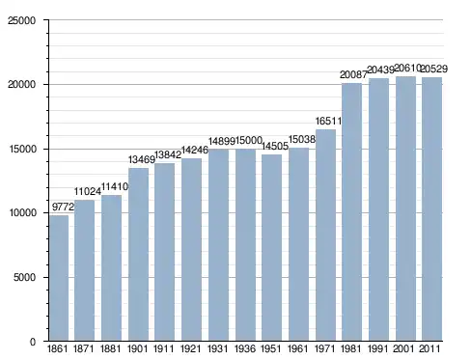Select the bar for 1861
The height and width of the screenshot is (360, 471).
coord(59,278)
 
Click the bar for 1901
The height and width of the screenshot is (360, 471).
coord(138,255)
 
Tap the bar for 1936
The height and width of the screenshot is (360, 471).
coord(245,245)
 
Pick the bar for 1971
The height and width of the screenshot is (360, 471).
coord(325,235)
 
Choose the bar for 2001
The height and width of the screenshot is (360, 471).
coord(405,208)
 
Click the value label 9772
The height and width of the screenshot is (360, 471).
coord(63,207)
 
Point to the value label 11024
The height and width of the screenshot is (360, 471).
coord(88,192)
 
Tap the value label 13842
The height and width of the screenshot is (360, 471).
coord(168,155)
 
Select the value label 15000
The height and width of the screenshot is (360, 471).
coord(249,141)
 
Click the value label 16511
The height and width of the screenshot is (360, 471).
coord(328,121)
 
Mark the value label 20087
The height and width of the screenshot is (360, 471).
coord(353,75)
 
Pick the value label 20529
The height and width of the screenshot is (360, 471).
coord(434,69)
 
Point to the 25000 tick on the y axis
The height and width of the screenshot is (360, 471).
coord(21,20)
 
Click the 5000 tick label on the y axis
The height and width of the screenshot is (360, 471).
coord(24,277)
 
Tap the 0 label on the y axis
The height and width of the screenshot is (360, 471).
coord(33,342)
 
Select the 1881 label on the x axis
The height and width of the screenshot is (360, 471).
coord(110,348)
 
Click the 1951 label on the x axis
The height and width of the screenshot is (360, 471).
coord(271,348)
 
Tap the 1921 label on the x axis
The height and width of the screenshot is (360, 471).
coord(191,348)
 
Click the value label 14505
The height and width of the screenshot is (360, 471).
coord(275,146)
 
